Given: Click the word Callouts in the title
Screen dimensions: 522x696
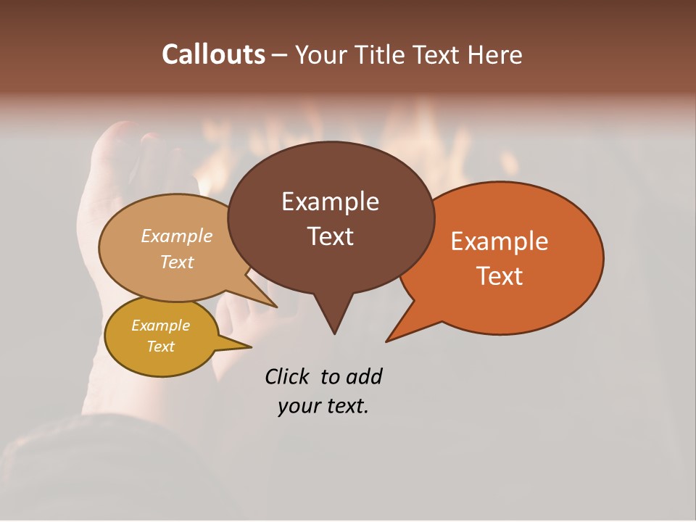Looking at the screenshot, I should pyautogui.click(x=213, y=54).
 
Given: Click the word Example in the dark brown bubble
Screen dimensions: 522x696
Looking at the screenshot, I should pyautogui.click(x=331, y=202).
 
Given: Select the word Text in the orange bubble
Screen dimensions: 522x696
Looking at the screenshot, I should pyautogui.click(x=500, y=275).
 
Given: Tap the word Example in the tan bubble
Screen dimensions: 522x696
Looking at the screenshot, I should pyautogui.click(x=177, y=236).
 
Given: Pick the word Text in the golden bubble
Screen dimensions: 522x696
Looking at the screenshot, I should pyautogui.click(x=160, y=347).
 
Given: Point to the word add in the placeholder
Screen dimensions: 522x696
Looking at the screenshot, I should pyautogui.click(x=363, y=376).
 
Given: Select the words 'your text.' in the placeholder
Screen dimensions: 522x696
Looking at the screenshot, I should pyautogui.click(x=323, y=406).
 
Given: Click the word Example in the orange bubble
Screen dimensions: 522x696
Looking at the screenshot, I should pyautogui.click(x=500, y=241).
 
